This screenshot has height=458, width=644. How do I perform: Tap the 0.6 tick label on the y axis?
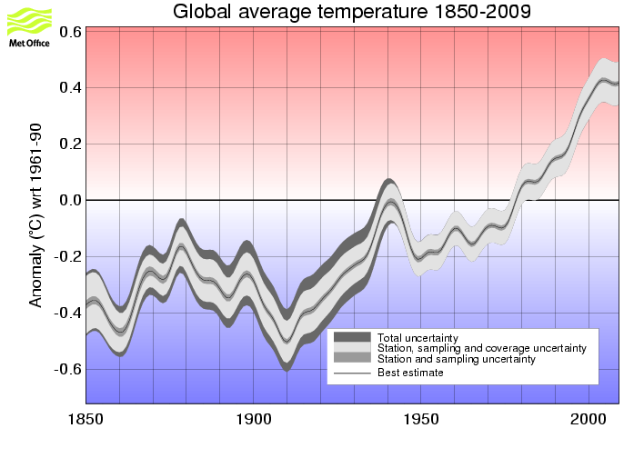[x=71, y=32]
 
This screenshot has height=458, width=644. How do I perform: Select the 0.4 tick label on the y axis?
[x=71, y=88]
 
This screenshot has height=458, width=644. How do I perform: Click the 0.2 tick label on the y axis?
[x=71, y=144]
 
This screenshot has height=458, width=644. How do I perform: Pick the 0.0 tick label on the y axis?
[x=71, y=200]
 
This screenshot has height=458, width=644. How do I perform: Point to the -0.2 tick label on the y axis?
[x=68, y=257]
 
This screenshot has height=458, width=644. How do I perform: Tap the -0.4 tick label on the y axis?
[x=68, y=314]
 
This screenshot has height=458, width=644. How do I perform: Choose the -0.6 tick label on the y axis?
[x=68, y=370]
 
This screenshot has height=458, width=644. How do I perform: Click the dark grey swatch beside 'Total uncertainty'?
[x=352, y=337]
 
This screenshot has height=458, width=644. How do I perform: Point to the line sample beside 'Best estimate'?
[x=352, y=373]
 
